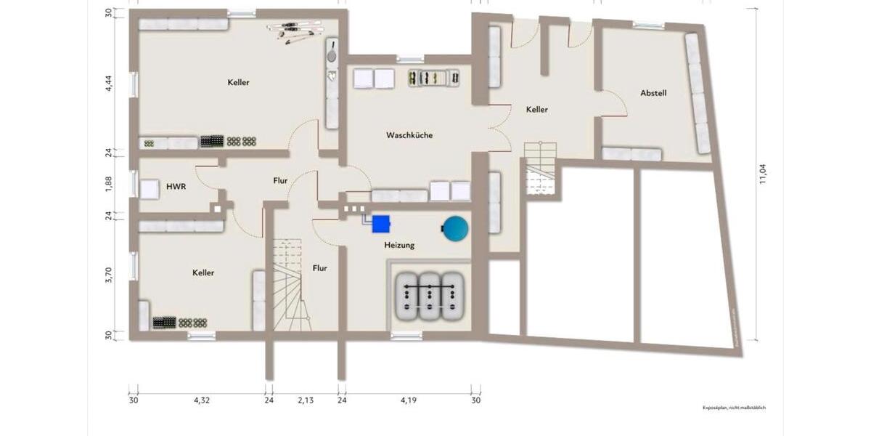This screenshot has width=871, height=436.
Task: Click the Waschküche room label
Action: (x=409, y=135)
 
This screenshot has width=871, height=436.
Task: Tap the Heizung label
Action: (x=399, y=246)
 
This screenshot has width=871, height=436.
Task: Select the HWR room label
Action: (x=176, y=187)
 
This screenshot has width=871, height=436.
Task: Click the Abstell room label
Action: (x=653, y=93)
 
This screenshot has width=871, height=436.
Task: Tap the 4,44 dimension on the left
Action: (x=108, y=82)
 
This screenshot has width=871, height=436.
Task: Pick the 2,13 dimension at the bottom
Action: (x=305, y=400)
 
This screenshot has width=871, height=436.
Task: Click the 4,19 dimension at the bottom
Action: (x=410, y=400)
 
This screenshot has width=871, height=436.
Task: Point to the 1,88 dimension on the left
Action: (x=108, y=184)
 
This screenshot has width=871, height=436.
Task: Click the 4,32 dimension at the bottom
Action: (x=200, y=400)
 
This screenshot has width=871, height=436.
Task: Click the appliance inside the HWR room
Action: (x=151, y=189)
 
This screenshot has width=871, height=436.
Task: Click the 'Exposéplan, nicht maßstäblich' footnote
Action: (x=733, y=408)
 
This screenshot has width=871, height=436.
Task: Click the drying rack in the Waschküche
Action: (x=433, y=78)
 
